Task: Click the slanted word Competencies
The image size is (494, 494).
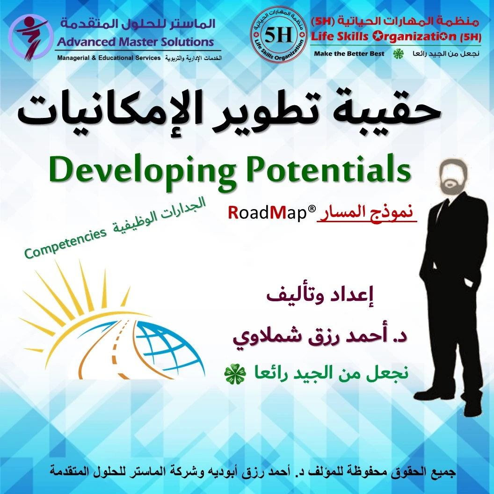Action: pyautogui.click(x=65, y=243)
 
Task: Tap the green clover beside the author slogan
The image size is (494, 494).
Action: pyautogui.click(x=235, y=374)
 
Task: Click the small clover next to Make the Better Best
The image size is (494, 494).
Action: pyautogui.click(x=398, y=54)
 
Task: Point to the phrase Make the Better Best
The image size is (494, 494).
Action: pyautogui.click(x=349, y=54)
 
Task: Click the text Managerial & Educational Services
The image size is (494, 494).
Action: pyautogui.click(x=109, y=58)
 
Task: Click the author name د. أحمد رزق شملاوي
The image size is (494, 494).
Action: pyautogui.click(x=320, y=336)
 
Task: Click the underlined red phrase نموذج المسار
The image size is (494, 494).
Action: pyautogui.click(x=367, y=213)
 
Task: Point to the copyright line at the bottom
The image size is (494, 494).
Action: pyautogui.click(x=253, y=472)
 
